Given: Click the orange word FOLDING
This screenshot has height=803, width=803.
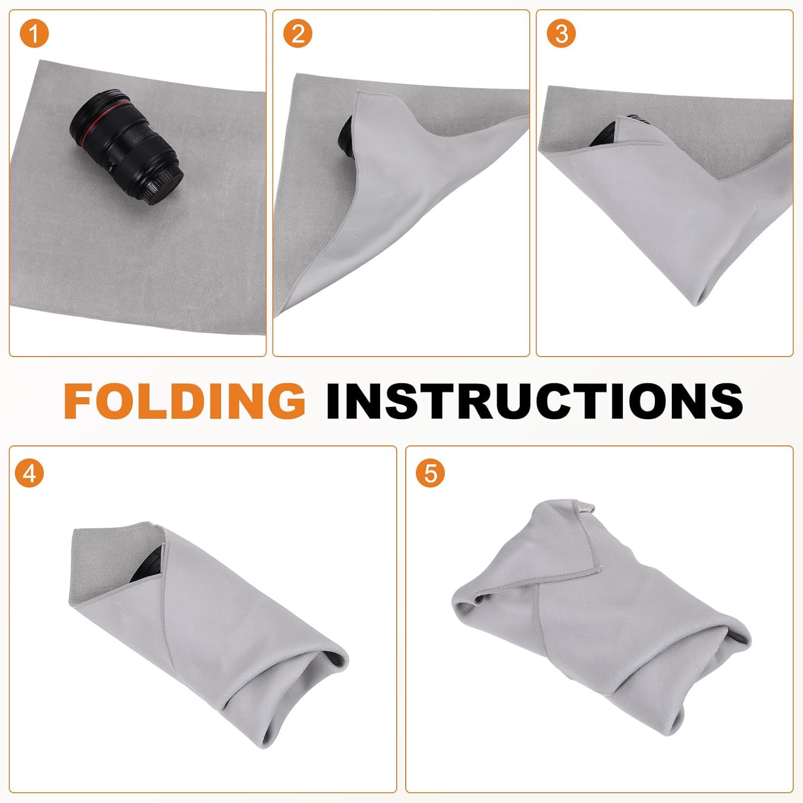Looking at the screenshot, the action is tap(185, 400).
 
